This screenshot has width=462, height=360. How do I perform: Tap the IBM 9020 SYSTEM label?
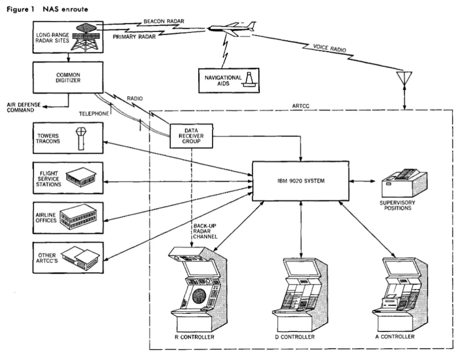[x=301, y=181]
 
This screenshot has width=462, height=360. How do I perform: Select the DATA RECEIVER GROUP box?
[x=191, y=136]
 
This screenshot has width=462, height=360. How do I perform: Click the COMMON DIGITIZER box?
[x=68, y=77]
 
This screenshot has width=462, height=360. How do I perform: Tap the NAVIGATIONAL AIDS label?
[x=223, y=80]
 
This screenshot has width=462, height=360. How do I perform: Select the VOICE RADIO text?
[x=329, y=48]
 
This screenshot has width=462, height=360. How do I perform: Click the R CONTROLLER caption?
[x=194, y=337]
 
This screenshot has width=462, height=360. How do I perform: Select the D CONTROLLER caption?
[x=295, y=337]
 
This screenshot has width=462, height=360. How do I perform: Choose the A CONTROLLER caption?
[x=395, y=337]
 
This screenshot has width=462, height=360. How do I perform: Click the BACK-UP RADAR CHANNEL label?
[x=205, y=231]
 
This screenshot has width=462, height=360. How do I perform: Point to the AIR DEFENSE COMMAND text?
[x=23, y=107]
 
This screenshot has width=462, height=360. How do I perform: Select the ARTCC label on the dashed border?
[x=301, y=106]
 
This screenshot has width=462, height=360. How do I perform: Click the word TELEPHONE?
[x=94, y=114]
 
